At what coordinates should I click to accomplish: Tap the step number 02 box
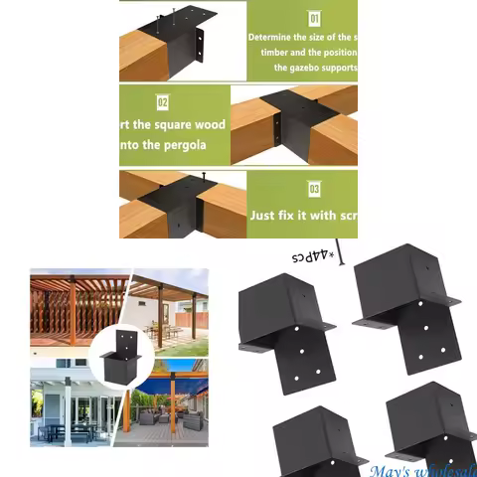pyautogui.click(x=163, y=101)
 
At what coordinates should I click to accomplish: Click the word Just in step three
pyautogui.click(x=264, y=214)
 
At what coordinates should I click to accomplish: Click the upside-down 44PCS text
pyautogui.click(x=307, y=256)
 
